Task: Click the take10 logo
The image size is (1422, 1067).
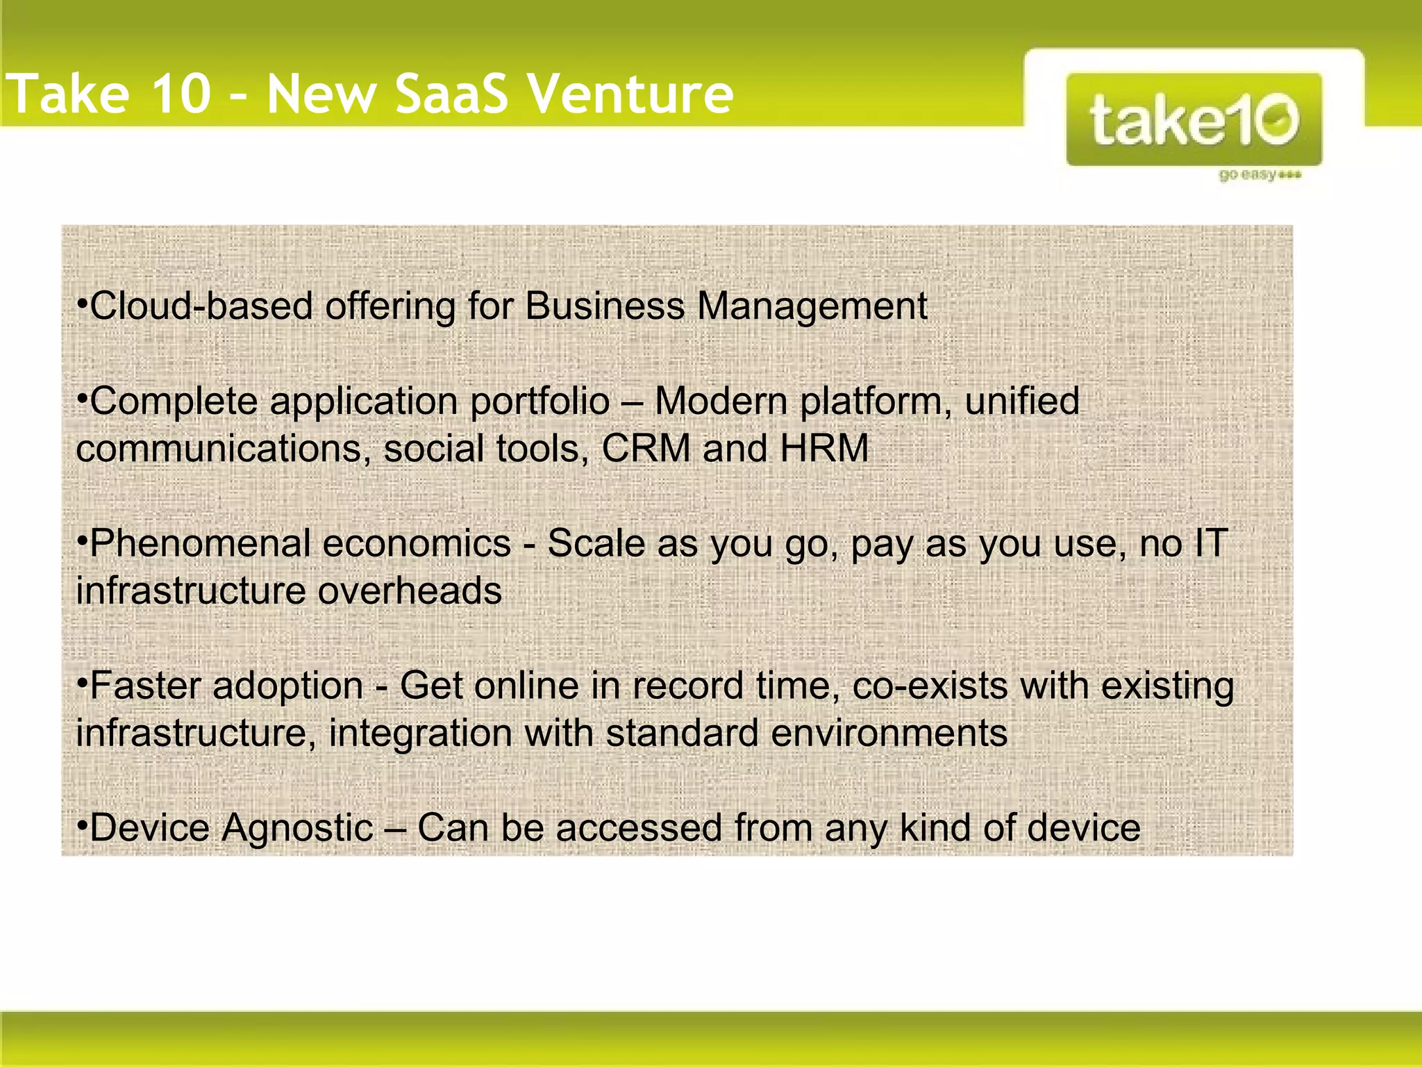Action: (1194, 119)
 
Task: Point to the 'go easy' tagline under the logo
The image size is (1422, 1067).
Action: (1258, 174)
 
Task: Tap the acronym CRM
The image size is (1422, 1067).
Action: (646, 448)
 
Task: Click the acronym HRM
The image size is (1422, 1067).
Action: (824, 448)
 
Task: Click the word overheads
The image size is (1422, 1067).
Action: (410, 591)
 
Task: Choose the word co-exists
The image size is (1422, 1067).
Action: (930, 686)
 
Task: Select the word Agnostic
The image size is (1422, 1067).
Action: (297, 828)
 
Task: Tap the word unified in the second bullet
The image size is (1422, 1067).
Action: (1021, 402)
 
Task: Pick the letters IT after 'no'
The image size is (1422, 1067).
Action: (1210, 543)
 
